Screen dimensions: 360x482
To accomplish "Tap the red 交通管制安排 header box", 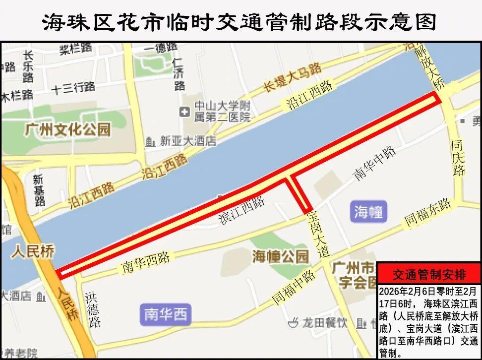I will click(429, 274).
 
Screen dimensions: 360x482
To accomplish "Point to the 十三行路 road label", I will click(73, 88).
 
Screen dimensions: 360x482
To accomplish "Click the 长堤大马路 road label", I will click(292, 78).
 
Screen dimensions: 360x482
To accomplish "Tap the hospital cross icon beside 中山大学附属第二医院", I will click(185, 112).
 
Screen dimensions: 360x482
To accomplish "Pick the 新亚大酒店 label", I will click(188, 141).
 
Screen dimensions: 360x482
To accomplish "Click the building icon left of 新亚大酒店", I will click(150, 142).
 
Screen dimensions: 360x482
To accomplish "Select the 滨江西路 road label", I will click(241, 211).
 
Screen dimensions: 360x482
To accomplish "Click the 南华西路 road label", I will click(146, 263).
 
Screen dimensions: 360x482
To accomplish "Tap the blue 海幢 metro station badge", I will click(368, 212).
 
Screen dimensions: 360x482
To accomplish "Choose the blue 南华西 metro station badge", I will click(166, 314).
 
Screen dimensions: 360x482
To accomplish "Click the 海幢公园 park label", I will click(281, 256).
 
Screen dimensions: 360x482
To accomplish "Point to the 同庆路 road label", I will click(458, 158).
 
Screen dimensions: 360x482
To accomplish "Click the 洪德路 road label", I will click(92, 309).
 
